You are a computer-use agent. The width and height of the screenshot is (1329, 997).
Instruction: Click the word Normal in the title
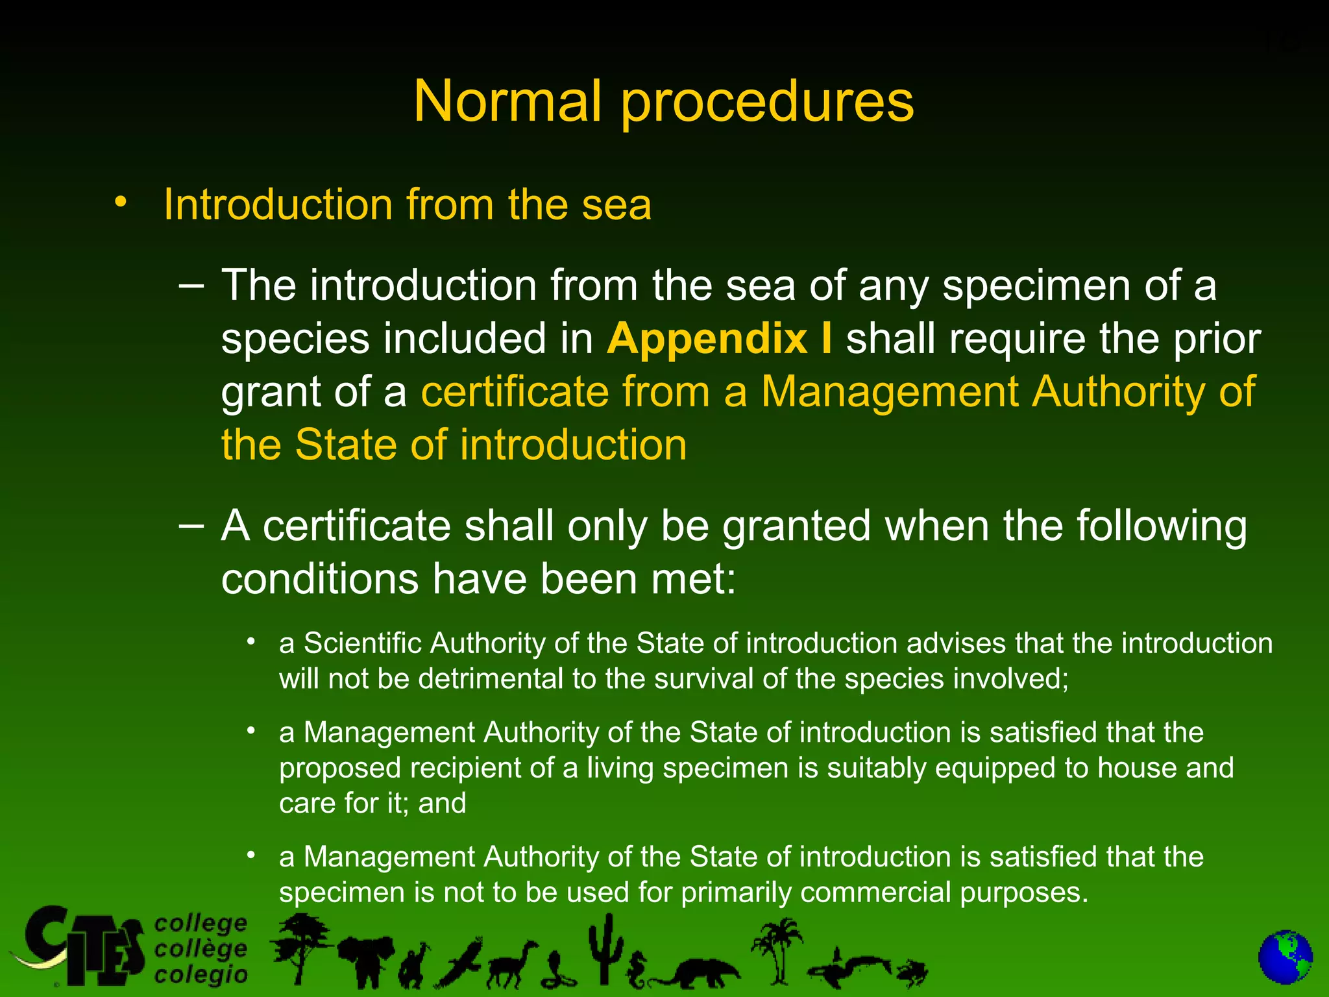click(x=507, y=101)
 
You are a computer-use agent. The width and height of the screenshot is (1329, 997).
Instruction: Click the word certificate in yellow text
click(x=514, y=392)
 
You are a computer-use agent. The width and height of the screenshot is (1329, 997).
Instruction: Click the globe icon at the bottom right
click(x=1285, y=957)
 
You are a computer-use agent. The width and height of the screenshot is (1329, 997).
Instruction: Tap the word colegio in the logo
click(x=201, y=974)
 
